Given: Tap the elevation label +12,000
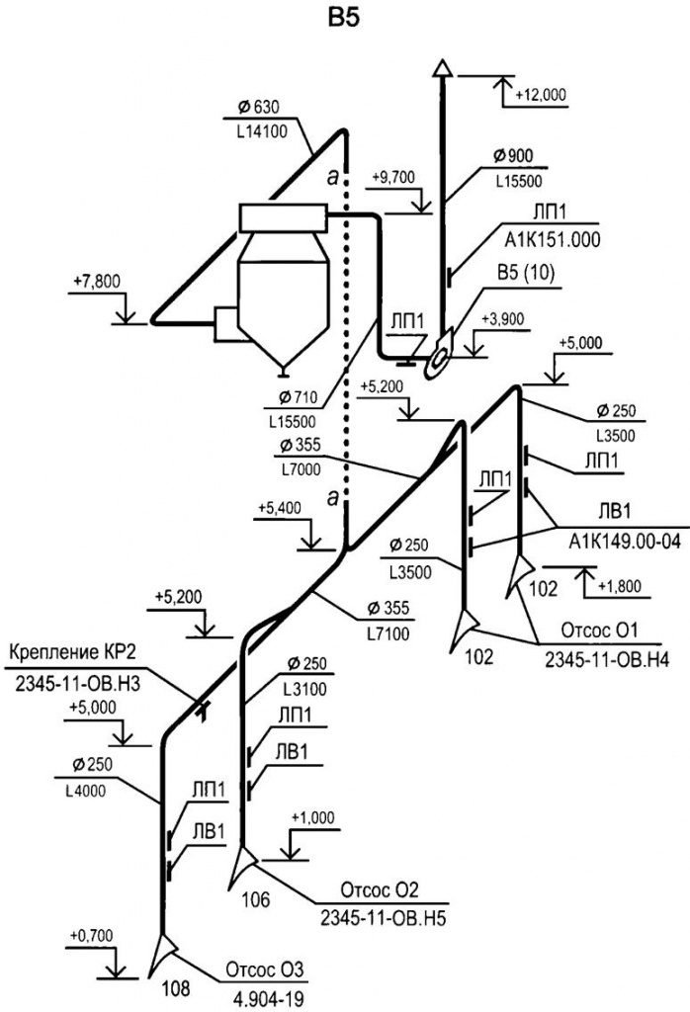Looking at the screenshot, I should click(x=541, y=95).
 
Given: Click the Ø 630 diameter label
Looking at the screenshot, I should click(x=260, y=107).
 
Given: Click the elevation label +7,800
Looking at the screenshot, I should click(x=96, y=282).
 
